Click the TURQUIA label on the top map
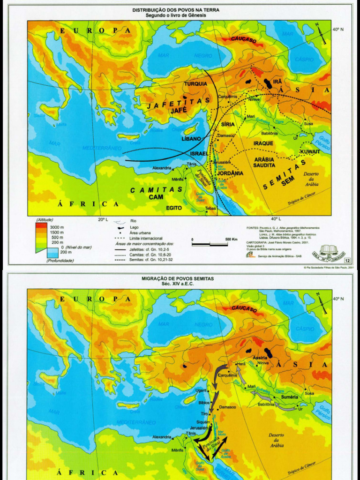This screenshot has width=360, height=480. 195,84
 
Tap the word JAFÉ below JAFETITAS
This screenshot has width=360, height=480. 179,111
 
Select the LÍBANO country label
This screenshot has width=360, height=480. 191,139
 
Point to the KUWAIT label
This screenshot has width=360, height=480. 310,152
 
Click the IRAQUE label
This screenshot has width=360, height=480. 263,143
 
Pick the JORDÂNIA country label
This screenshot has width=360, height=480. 230,173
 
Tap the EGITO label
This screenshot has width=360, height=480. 174,207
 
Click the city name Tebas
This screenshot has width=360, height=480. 210,208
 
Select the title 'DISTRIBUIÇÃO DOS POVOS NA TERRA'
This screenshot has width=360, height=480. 176,10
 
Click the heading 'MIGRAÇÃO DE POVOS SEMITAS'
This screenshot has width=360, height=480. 177,278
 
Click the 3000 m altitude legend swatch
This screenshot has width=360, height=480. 42,226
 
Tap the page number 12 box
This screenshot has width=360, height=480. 347,261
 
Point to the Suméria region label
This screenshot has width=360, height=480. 289,397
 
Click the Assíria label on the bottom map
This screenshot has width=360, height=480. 260,358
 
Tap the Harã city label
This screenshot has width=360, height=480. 241,364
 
